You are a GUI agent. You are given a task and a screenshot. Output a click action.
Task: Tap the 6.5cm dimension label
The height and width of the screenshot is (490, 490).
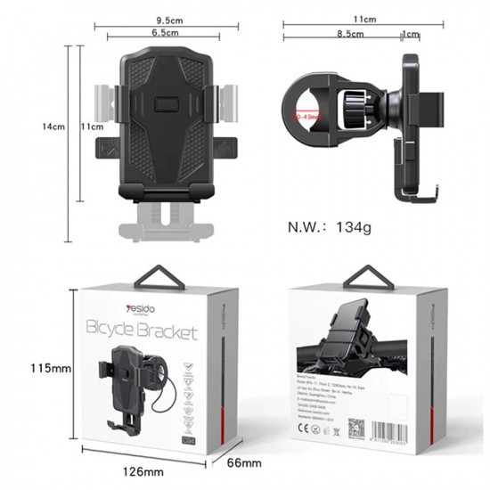point(162,33)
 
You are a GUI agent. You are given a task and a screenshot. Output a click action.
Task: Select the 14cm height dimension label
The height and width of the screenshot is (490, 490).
point(54,127)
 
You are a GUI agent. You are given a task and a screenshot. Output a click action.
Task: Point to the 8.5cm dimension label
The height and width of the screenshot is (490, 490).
point(349,34)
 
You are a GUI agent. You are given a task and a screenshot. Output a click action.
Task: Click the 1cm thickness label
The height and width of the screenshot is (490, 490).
point(411,34)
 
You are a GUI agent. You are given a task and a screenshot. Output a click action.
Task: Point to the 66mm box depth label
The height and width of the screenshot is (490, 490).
point(242,462)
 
